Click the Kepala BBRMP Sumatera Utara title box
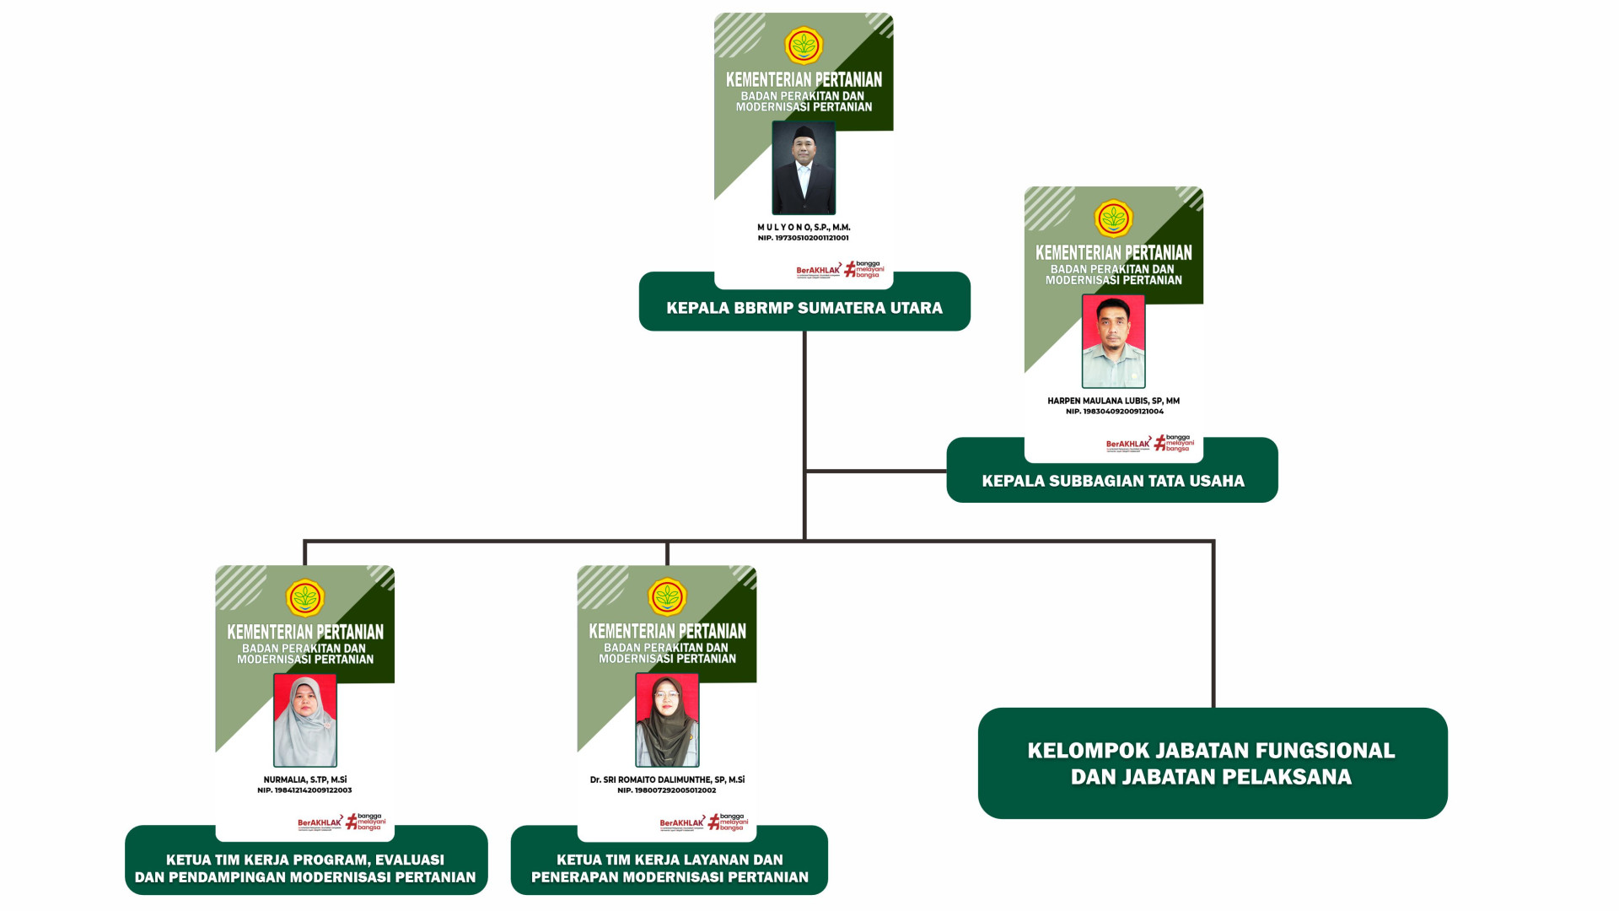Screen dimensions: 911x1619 [804, 308]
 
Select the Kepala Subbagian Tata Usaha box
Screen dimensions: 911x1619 [1112, 481]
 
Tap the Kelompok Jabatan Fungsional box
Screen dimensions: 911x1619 [1212, 763]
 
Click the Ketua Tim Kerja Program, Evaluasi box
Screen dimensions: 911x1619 [305, 868]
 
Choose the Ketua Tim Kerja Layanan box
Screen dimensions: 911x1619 [670, 868]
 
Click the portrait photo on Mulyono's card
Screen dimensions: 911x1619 [804, 168]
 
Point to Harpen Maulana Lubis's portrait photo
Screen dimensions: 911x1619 [1113, 341]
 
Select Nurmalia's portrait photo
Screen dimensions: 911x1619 [305, 720]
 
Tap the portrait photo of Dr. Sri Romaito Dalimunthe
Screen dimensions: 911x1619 [667, 720]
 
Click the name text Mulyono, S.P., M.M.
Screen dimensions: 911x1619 [804, 227]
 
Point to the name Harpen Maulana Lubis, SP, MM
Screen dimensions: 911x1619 [1113, 401]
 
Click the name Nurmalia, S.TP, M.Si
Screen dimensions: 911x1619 [305, 779]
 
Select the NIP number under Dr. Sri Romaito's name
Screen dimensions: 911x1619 [667, 790]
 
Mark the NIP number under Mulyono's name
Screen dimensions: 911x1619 [804, 238]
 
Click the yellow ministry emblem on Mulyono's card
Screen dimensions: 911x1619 [804, 46]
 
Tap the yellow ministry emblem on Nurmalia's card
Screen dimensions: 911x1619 [305, 598]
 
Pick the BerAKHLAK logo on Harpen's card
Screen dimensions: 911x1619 [1127, 444]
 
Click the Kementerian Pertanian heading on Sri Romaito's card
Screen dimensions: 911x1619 [667, 631]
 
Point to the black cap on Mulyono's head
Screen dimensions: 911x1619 [804, 132]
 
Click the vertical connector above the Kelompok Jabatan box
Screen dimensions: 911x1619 [1213, 624]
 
